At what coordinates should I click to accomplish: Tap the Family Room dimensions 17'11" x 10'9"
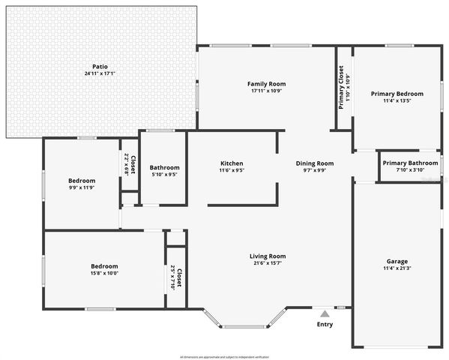tap(268, 91)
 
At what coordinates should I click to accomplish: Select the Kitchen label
tap(232, 163)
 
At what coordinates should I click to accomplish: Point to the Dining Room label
tap(315, 163)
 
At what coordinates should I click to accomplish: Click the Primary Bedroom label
tap(397, 94)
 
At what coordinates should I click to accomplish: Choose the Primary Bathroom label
tap(410, 163)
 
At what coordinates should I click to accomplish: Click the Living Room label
tap(268, 256)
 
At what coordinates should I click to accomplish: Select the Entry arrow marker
tap(324, 314)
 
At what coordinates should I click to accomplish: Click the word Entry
tap(325, 325)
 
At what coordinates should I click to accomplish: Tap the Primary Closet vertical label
tap(342, 88)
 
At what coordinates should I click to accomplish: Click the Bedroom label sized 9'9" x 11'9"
tap(82, 181)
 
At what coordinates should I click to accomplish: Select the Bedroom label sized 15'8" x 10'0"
tap(104, 266)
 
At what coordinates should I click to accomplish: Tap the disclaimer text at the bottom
tap(225, 356)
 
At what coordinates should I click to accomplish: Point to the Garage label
tap(397, 262)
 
